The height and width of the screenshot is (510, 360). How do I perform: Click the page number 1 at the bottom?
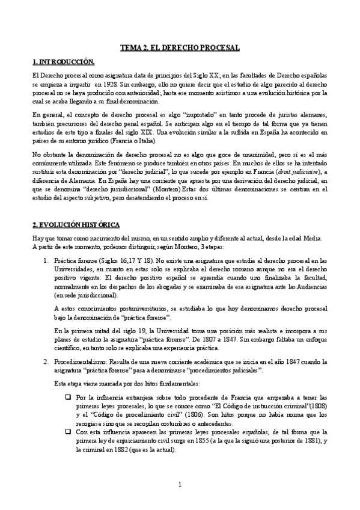pos(180,485)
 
